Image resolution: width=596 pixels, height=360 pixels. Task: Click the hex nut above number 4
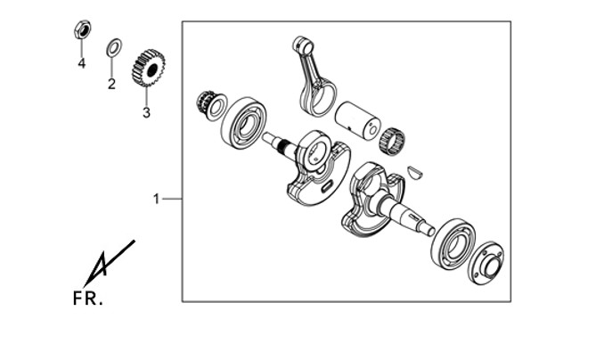coord(82,29)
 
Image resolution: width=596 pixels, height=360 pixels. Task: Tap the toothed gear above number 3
coord(148,68)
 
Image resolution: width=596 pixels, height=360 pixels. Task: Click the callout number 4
coord(82,63)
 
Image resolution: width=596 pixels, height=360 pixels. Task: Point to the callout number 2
coord(111,84)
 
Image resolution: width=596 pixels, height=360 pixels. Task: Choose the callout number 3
coord(146,113)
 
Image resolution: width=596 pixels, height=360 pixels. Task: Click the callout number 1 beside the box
coord(156,199)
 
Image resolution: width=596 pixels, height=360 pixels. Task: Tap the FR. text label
coord(87,299)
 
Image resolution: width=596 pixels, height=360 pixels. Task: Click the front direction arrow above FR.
coord(109,263)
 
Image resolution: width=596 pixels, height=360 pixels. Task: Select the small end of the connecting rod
coord(303,45)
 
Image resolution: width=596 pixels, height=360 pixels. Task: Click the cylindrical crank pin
coord(357,120)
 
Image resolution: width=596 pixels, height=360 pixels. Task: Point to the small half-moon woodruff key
coord(414,172)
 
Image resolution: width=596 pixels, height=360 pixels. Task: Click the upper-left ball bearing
coord(243,123)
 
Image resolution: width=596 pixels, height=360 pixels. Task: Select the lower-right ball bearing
coord(453,244)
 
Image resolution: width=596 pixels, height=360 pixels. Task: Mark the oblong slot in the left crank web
coord(327,186)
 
